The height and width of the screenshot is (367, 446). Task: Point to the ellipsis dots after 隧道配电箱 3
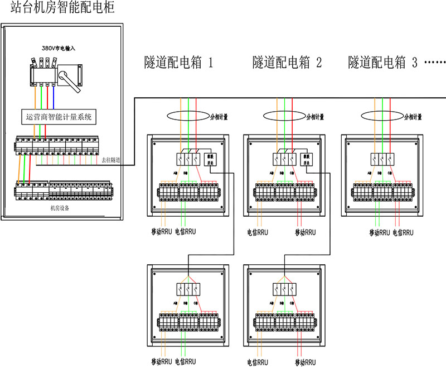[x=434, y=62]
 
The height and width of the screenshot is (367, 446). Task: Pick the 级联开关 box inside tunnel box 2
[x=306, y=160]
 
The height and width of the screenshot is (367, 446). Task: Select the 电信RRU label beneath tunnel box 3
[x=403, y=231]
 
